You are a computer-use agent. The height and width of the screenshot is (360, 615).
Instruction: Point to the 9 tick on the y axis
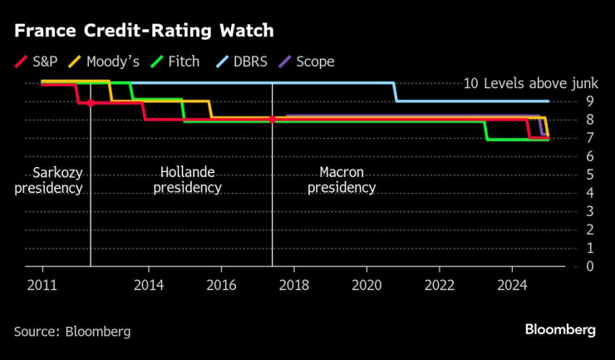click(x=589, y=101)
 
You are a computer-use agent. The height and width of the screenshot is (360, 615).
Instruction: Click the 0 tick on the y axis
click(x=589, y=266)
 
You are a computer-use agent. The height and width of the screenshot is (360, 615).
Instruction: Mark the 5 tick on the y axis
click(x=589, y=175)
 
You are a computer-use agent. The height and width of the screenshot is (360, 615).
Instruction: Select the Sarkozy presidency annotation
click(x=48, y=180)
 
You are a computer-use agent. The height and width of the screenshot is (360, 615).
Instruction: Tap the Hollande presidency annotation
click(x=187, y=180)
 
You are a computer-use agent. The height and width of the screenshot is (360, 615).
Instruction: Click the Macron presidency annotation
click(x=341, y=180)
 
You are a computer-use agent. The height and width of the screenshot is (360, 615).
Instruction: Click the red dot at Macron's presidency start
click(x=272, y=120)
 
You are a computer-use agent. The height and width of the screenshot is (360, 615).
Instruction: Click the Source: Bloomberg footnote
click(x=72, y=331)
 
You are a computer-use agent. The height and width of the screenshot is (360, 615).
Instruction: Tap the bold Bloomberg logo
click(x=559, y=330)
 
